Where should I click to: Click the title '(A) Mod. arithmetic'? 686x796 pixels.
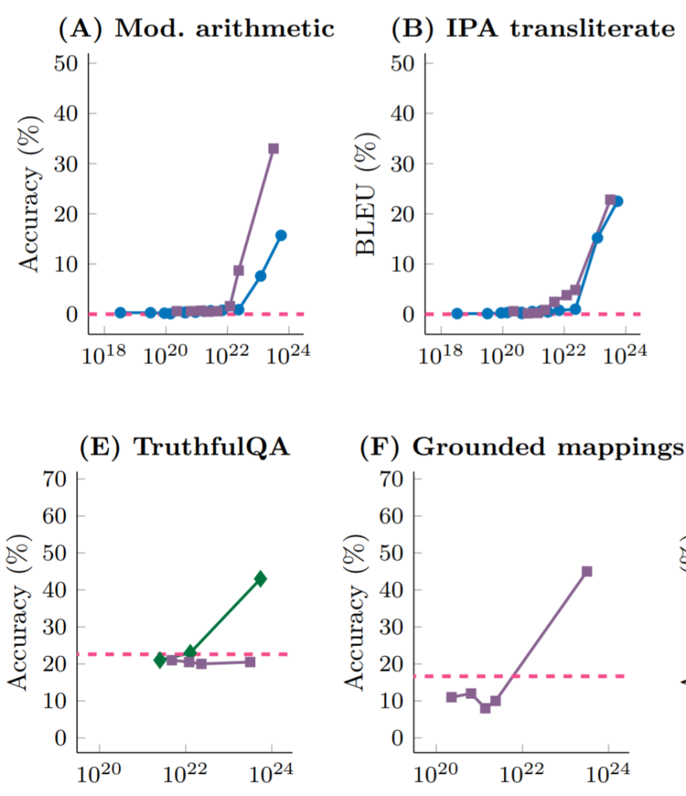pos(197,28)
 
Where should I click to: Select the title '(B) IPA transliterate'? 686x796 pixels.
pos(533,28)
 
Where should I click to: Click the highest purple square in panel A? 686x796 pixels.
pos(274,148)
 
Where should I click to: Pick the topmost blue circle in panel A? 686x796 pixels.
pos(281,236)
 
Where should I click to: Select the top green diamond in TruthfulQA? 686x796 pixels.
pos(261,578)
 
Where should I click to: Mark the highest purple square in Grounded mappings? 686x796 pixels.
pos(587,571)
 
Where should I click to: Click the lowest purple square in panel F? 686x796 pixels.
pos(485,708)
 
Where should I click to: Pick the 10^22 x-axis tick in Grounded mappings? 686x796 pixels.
pos(522,775)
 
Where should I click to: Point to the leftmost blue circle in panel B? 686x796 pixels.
pos(457,313)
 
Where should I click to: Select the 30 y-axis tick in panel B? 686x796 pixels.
pos(401,164)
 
